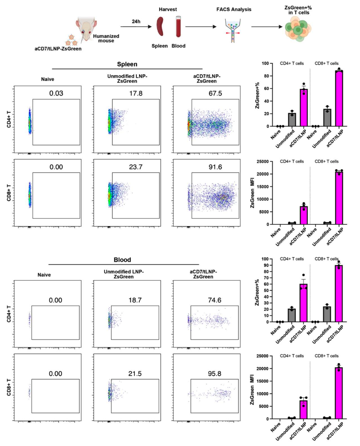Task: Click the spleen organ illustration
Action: click(x=160, y=27)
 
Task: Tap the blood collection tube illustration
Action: click(x=178, y=27)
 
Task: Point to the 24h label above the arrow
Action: click(x=136, y=21)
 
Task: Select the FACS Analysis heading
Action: click(x=234, y=10)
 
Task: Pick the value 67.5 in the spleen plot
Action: click(x=215, y=93)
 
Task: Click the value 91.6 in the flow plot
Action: click(x=215, y=167)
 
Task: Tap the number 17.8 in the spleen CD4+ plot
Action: click(x=136, y=93)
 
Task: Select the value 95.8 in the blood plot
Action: click(x=215, y=373)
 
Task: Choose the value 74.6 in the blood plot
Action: click(x=215, y=300)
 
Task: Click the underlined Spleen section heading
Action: click(x=127, y=64)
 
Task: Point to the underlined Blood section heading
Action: click(x=122, y=260)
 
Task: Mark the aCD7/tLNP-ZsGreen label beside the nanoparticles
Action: click(x=58, y=49)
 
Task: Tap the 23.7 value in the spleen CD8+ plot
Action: click(x=136, y=167)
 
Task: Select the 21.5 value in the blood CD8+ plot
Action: click(x=135, y=373)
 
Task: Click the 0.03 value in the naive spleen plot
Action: click(x=56, y=93)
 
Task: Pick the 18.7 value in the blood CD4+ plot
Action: click(x=135, y=300)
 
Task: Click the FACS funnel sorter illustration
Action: click(x=233, y=30)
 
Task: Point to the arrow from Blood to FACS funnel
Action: click(x=201, y=27)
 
